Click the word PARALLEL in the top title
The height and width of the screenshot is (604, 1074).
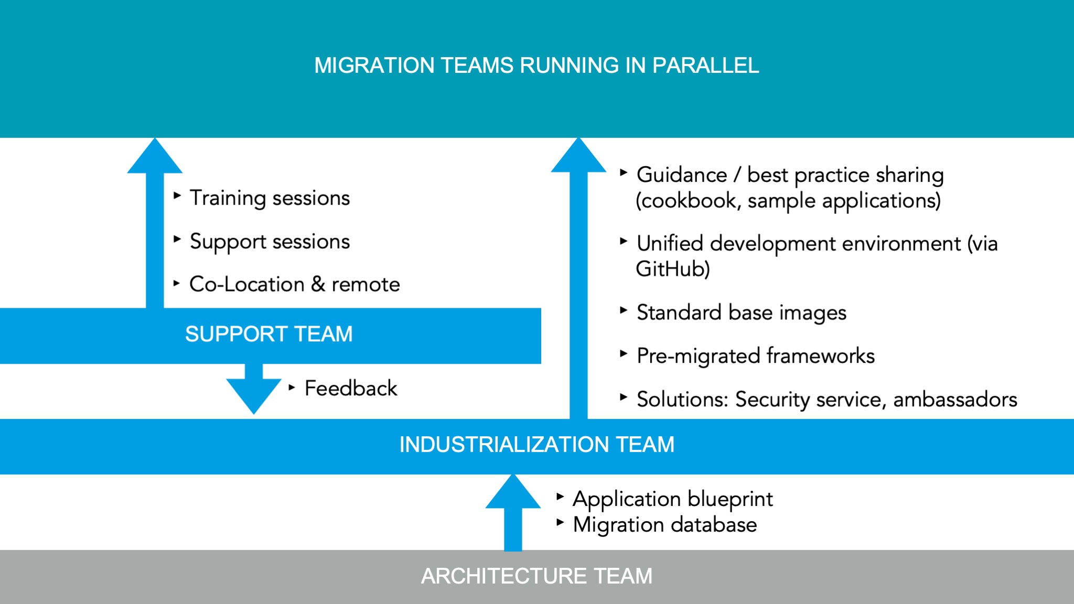pos(705,66)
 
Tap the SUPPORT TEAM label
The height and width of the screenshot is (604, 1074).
pos(268,334)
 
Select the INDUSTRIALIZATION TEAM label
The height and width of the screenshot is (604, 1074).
pos(536,445)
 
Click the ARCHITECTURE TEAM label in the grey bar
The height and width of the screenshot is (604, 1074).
pos(536,576)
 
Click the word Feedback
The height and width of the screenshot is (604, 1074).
pos(351,389)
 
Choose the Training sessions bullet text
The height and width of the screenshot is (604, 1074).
pos(270,198)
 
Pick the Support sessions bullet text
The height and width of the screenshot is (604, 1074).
pos(270,242)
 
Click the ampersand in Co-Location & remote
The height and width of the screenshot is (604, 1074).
pos(318,284)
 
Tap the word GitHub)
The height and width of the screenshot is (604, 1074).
pos(673,269)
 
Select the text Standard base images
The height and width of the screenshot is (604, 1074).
pos(741,312)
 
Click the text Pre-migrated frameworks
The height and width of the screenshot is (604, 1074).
pos(755,356)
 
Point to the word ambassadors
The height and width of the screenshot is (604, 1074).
pos(955,400)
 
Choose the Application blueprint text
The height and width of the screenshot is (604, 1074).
pos(673,499)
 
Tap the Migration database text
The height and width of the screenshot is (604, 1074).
pos(664,525)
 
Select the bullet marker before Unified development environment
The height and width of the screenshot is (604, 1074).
pos(623,241)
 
